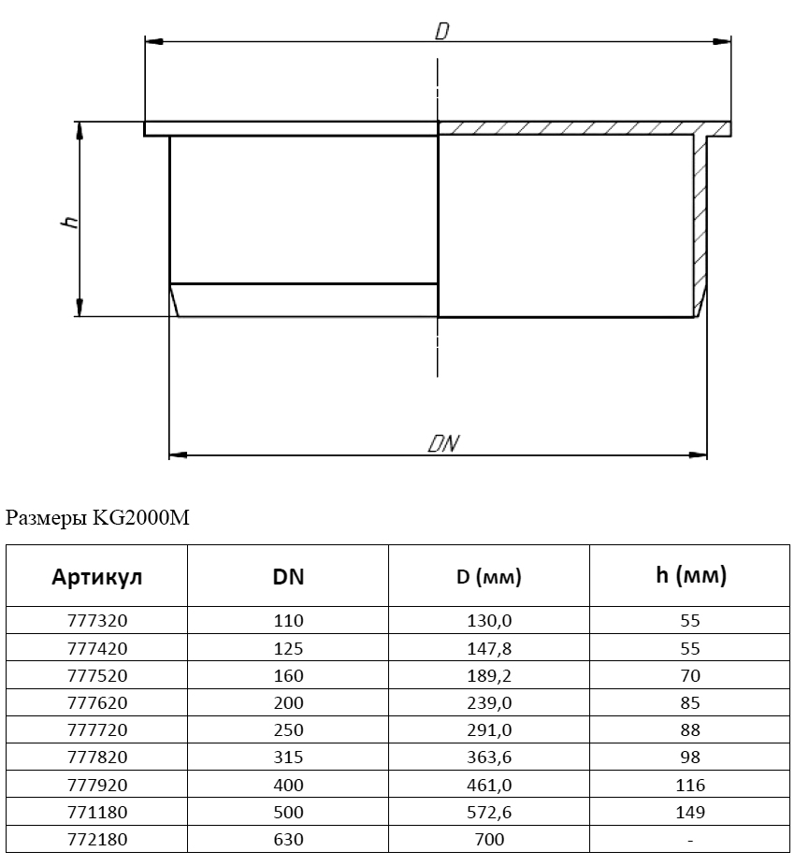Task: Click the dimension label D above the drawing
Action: tap(442, 31)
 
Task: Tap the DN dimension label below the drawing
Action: tap(443, 443)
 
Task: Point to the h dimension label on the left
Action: tap(69, 222)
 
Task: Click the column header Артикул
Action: tap(96, 577)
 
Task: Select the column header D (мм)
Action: tap(489, 577)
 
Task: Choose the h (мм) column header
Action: tap(690, 575)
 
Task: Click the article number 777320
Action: tap(97, 620)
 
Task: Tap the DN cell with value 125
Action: tap(288, 648)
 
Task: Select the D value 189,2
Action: tap(489, 675)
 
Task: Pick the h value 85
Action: tap(690, 702)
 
